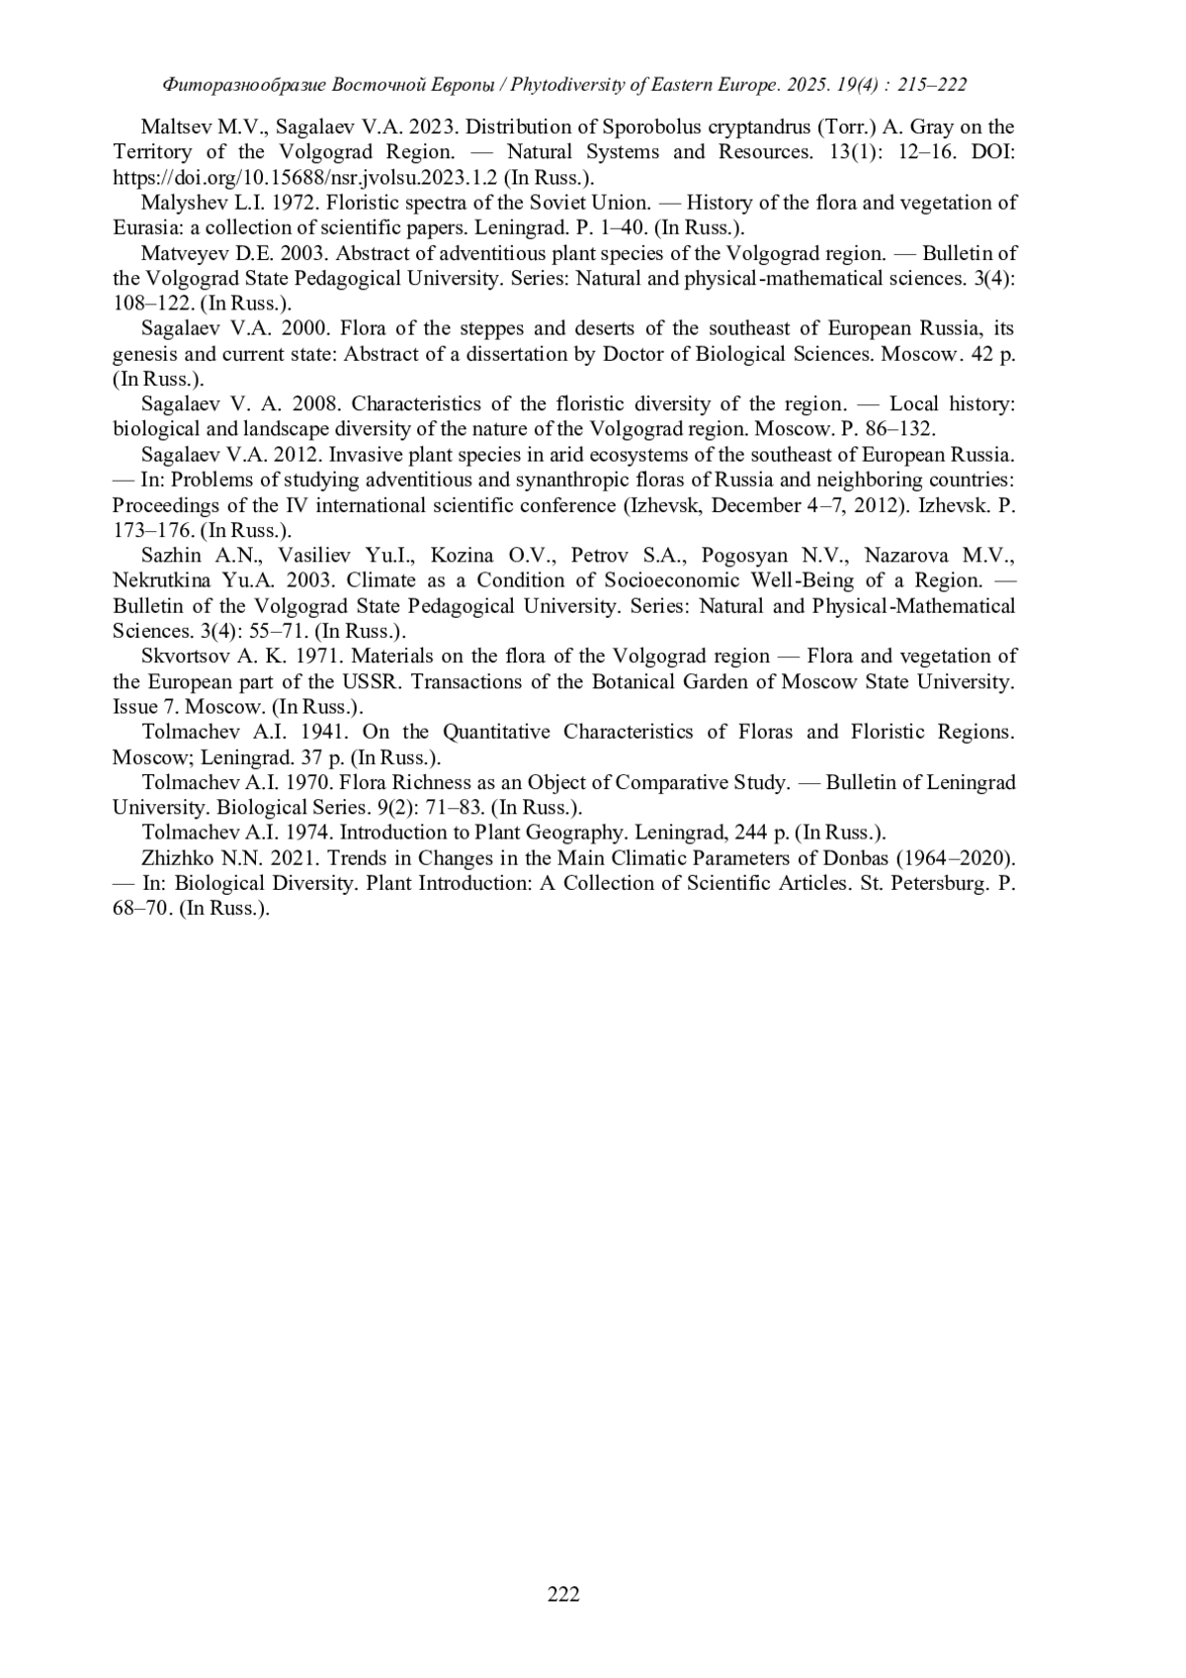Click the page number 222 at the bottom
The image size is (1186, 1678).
tap(563, 1593)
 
